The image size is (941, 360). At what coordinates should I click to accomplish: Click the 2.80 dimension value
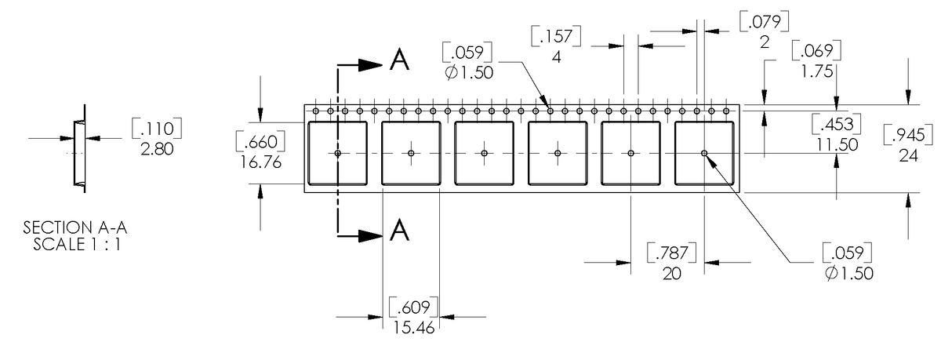point(157,148)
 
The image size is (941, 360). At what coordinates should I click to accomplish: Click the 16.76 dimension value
point(259,161)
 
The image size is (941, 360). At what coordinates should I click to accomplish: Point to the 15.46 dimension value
point(412,326)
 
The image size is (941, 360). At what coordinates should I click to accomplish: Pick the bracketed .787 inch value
point(671,253)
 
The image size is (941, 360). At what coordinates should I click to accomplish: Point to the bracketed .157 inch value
point(556,37)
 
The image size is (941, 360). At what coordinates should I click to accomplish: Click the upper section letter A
point(399,61)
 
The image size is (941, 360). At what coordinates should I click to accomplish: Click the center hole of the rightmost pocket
point(704,153)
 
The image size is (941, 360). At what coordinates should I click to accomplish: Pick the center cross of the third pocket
point(485,153)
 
